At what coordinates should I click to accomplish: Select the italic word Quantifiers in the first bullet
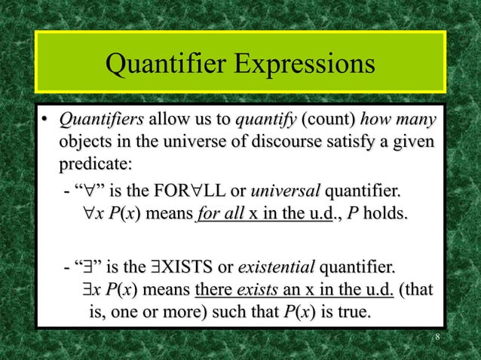(101, 121)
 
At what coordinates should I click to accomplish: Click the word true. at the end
(354, 310)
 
